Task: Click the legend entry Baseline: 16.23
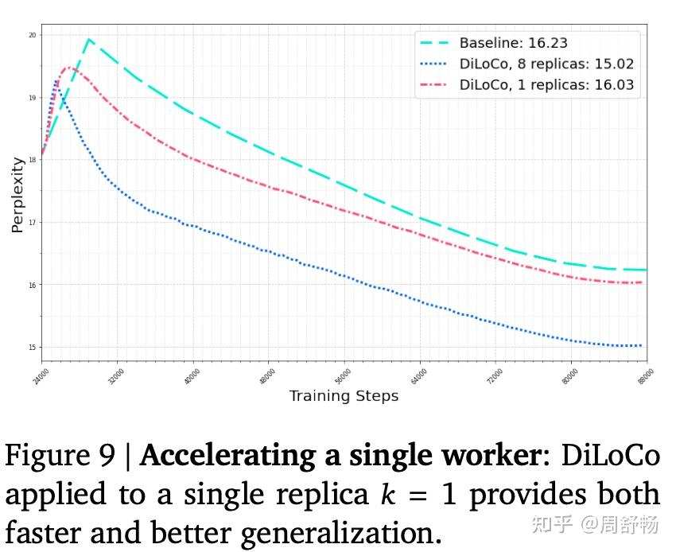[x=513, y=44]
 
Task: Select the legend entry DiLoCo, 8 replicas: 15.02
[x=546, y=64]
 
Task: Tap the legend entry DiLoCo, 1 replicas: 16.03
[x=546, y=85]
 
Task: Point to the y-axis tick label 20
[x=31, y=35]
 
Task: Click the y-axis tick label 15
[x=31, y=348]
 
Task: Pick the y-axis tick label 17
[x=31, y=223]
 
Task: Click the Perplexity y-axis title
[x=17, y=195]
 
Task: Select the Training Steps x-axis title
[x=344, y=396]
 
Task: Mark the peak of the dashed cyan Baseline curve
[x=89, y=39]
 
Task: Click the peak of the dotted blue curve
[x=56, y=80]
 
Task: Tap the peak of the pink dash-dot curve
[x=69, y=68]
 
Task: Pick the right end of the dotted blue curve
[x=641, y=346]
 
